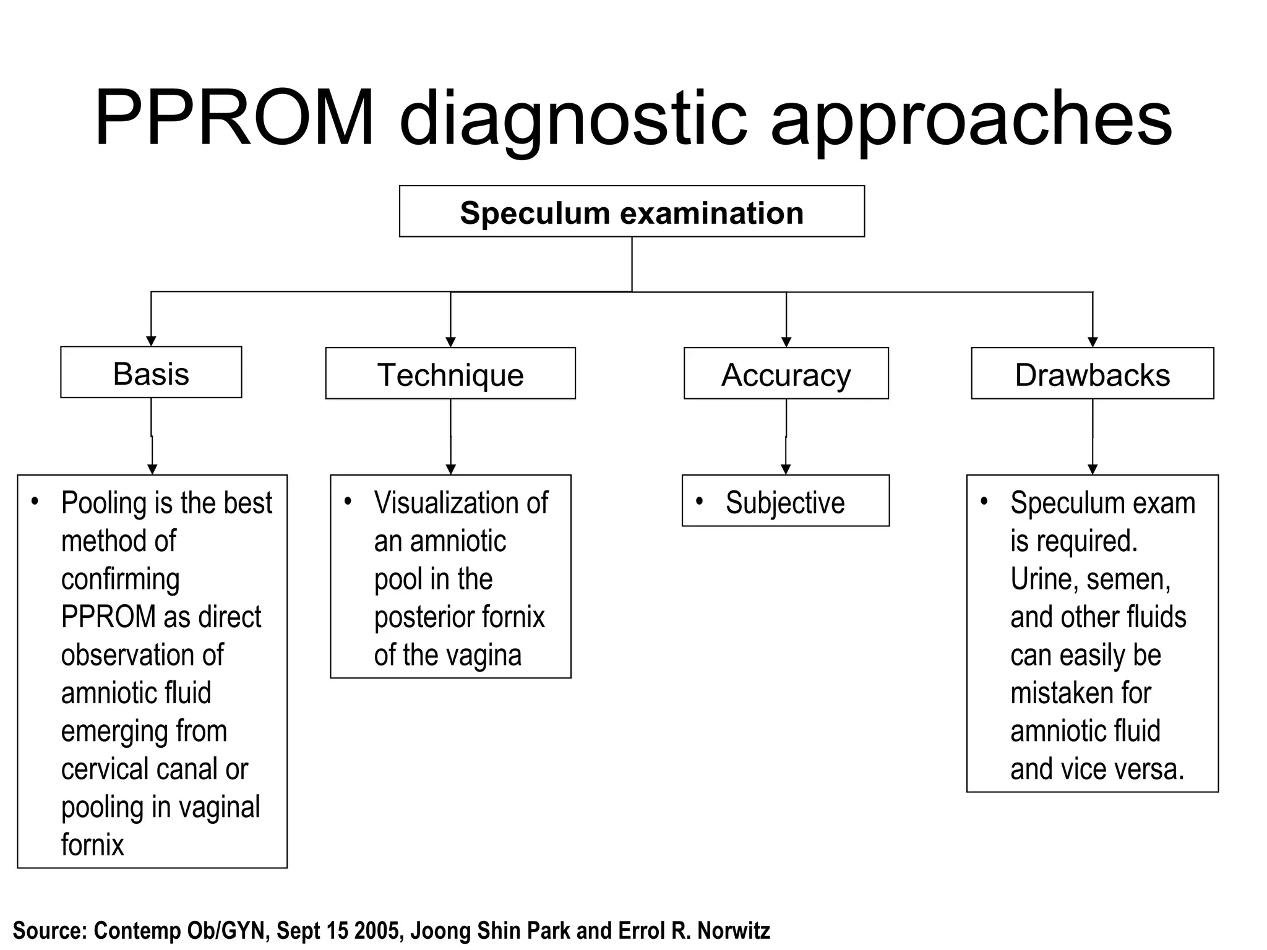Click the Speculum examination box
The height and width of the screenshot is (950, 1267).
click(632, 212)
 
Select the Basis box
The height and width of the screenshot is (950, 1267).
click(151, 373)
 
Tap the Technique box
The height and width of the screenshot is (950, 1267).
click(450, 374)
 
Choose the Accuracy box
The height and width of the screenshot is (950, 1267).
click(786, 374)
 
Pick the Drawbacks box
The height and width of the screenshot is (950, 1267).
click(1092, 374)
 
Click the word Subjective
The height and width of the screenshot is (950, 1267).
click(784, 502)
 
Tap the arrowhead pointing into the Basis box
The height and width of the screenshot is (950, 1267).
click(151, 341)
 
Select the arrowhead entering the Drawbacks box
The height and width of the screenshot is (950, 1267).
click(1093, 342)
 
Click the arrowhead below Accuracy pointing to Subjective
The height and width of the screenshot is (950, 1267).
click(786, 469)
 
